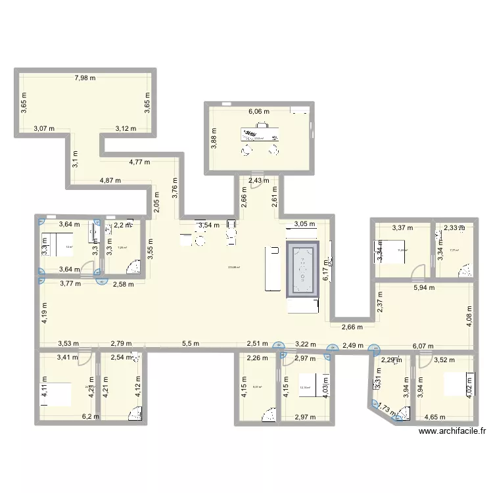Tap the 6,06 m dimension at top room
tap(259, 112)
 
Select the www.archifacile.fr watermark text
tap(452, 431)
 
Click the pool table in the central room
tap(303, 270)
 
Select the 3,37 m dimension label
tap(402, 228)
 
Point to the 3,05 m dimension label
tap(304, 223)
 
